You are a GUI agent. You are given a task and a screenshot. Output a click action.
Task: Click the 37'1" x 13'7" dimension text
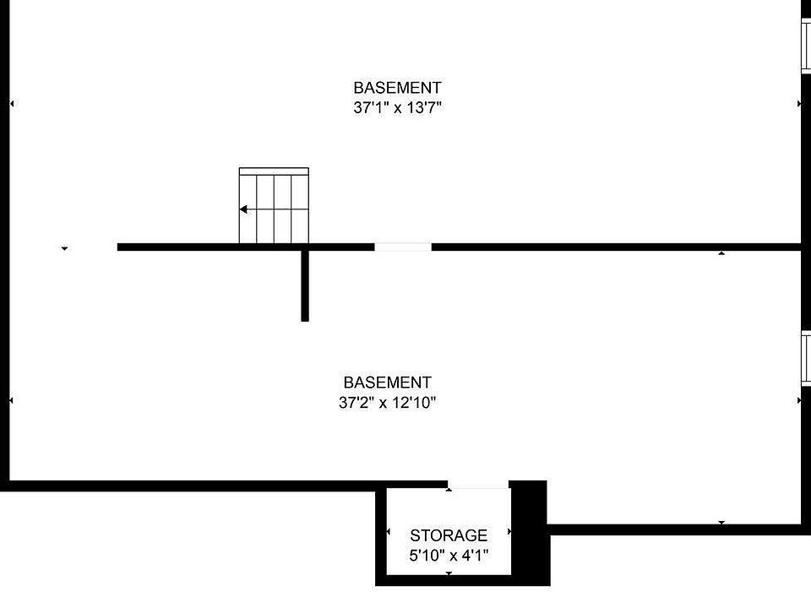pos(397,107)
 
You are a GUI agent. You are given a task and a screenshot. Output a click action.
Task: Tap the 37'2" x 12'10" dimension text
pos(388,402)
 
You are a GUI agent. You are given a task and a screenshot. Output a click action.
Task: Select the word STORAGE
pos(449,535)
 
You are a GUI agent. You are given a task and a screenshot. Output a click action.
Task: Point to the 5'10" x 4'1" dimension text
pos(449,556)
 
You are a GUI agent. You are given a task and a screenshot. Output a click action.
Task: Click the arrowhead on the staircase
pos(243,209)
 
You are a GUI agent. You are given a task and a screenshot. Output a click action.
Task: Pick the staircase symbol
pos(274,205)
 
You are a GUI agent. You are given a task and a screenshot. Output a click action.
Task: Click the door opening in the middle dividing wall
pos(403,247)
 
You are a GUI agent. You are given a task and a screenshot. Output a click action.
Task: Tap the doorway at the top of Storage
pos(478,485)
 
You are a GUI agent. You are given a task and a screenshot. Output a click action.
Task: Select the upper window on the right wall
pos(806,46)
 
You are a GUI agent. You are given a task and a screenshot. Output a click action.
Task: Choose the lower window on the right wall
pos(806,359)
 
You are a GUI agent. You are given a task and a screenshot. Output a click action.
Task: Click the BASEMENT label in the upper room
pos(397,87)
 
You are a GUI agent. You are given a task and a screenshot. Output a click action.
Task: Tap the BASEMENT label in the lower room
pos(388,382)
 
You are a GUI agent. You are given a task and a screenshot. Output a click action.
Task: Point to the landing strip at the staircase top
pos(274,171)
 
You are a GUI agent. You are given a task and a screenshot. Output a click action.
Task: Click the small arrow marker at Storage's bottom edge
pos(449,573)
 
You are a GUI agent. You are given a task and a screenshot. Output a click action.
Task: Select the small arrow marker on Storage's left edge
pos(389,531)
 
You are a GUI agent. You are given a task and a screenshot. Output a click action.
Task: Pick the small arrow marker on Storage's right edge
pos(509,531)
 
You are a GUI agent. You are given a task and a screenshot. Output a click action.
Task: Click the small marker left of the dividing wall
pos(65,248)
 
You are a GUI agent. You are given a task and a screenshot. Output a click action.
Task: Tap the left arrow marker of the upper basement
pos(12,104)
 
